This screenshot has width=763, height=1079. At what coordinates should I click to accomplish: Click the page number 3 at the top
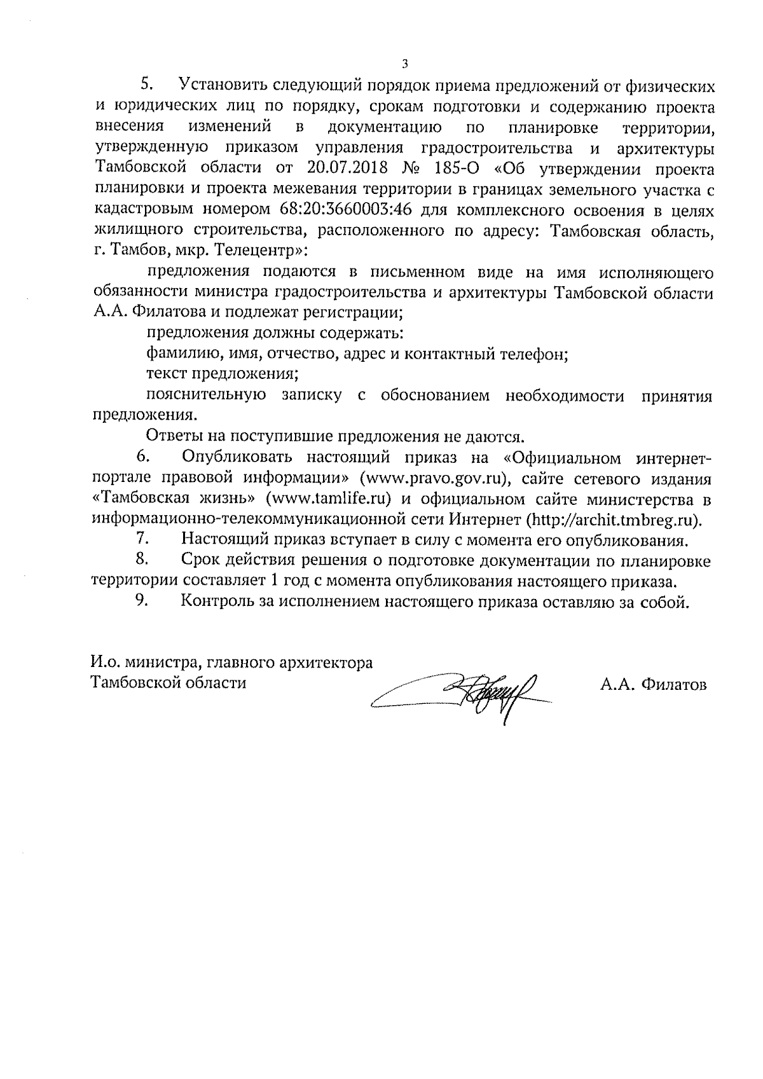tap(404, 63)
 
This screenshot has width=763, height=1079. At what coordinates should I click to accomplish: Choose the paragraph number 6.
tap(142, 457)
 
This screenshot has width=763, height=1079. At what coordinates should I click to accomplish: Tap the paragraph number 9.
tap(142, 600)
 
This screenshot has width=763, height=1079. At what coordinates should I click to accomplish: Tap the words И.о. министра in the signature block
tap(141, 663)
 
